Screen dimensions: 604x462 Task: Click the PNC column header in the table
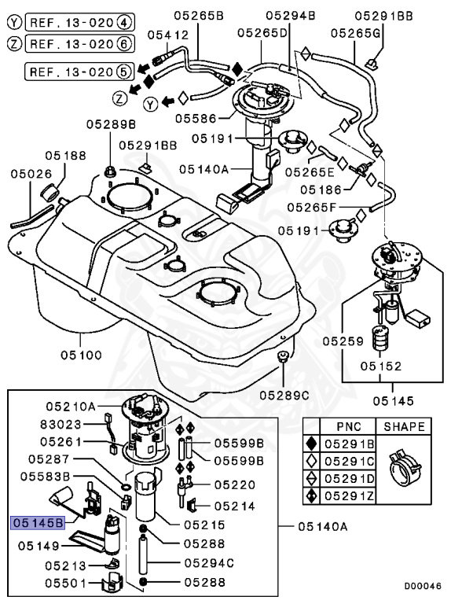coord(348,426)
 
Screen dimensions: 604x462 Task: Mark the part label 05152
coord(381,366)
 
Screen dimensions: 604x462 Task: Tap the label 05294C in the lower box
coord(209,562)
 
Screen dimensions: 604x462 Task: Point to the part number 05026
coord(30,173)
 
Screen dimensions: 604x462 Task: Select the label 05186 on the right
coord(321,189)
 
